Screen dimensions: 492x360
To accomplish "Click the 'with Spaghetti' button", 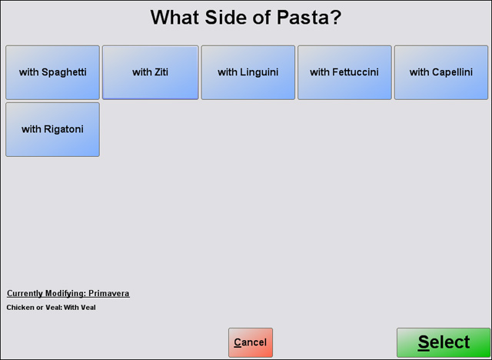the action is click(53, 72).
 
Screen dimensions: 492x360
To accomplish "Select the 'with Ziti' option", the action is click(151, 72).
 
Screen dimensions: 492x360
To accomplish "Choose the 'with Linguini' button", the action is click(248, 72).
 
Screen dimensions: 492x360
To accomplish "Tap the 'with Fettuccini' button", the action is click(344, 72).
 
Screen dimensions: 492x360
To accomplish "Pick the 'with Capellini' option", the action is click(441, 72).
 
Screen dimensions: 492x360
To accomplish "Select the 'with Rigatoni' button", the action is click(53, 129).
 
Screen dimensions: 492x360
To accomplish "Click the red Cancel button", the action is click(251, 342).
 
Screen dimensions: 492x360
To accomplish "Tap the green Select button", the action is click(444, 342).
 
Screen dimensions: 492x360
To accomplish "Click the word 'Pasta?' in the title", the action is click(309, 17).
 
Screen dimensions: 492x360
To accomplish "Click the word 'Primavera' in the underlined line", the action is click(109, 293).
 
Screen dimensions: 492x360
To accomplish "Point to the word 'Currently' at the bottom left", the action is click(25, 293).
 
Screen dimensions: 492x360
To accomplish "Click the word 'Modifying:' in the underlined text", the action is click(65, 293).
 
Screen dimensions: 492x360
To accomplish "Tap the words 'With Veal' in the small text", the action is click(80, 307).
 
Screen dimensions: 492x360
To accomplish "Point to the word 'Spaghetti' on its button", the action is click(64, 72).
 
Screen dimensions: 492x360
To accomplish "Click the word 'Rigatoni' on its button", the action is click(64, 129).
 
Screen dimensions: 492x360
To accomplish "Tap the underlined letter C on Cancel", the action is click(238, 342).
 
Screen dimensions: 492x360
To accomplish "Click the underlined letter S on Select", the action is click(424, 342).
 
